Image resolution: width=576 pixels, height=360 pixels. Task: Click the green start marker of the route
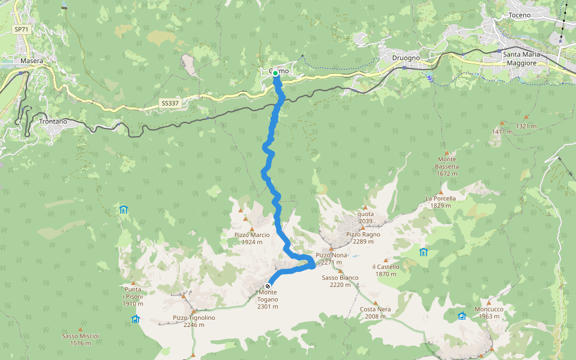[x=275, y=73]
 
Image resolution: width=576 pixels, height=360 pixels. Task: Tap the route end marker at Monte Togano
[x=268, y=286]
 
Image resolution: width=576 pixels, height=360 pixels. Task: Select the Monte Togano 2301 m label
[x=268, y=299]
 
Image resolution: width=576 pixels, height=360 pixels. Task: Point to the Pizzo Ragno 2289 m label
[x=360, y=238]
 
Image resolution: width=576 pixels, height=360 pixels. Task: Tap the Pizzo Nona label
[x=331, y=259]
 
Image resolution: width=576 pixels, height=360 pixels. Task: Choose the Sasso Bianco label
[x=340, y=281]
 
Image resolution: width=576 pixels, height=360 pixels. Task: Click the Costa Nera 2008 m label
[x=376, y=312]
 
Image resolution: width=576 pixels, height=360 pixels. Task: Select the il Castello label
[x=385, y=270]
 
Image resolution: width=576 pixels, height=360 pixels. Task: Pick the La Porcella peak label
[x=440, y=202]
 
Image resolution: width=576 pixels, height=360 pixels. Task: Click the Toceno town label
[x=520, y=14]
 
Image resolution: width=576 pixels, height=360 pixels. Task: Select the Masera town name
[x=31, y=61]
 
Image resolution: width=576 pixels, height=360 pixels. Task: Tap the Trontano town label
[x=53, y=121]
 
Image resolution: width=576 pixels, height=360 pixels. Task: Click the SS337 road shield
[x=170, y=103]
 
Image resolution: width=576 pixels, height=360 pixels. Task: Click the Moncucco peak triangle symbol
[x=489, y=302]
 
